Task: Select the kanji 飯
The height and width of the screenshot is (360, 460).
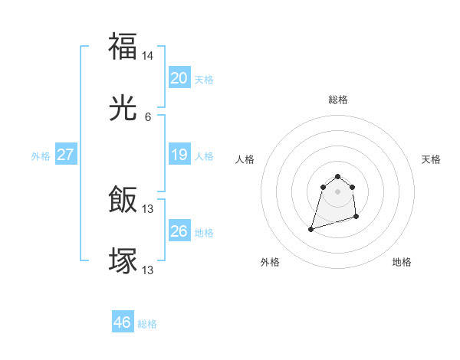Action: click(x=123, y=201)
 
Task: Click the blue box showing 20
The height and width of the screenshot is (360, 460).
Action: click(x=179, y=78)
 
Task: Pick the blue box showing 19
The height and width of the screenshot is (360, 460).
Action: click(x=179, y=155)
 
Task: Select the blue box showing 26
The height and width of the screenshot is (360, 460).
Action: click(x=179, y=231)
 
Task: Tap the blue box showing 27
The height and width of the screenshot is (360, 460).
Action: click(x=65, y=155)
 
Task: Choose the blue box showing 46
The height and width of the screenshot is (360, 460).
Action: click(x=122, y=322)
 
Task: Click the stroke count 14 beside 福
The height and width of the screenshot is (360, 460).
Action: click(x=148, y=56)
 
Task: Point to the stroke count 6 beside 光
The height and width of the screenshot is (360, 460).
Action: click(x=148, y=117)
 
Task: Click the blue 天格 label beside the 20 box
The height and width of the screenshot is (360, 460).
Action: click(x=204, y=80)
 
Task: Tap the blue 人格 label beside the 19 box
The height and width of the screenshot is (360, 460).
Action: click(x=204, y=156)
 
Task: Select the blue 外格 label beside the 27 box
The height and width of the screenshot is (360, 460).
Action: click(x=41, y=156)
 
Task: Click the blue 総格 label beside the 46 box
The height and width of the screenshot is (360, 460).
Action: click(x=147, y=324)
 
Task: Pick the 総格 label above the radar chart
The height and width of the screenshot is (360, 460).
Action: click(x=338, y=100)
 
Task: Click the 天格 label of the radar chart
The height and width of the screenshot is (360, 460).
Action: click(x=431, y=159)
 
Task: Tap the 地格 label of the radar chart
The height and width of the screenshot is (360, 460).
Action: click(x=402, y=262)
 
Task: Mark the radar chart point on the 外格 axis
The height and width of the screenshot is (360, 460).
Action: click(x=311, y=228)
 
